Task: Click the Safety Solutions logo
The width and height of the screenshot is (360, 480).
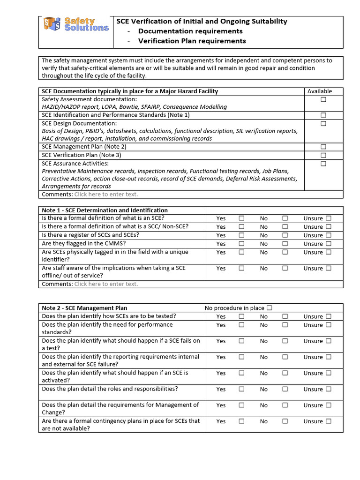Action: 76,24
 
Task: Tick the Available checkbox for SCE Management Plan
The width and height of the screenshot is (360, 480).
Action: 323,147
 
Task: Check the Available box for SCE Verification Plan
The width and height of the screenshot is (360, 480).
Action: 323,155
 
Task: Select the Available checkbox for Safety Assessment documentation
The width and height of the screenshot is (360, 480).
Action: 323,100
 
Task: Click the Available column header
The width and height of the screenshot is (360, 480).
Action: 320,91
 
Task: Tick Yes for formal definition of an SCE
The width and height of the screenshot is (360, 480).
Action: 241,218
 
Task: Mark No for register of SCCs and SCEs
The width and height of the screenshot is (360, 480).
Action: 285,235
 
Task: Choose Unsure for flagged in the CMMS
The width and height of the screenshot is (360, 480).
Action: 329,243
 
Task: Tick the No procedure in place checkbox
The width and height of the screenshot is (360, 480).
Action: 269,308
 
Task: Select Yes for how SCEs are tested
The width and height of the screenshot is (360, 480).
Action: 241,316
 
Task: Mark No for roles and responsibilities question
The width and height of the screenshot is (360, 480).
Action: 285,389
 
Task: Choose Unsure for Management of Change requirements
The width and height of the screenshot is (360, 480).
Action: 329,405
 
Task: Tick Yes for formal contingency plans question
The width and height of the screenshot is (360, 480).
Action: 241,421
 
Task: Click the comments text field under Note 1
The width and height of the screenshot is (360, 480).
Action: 106,284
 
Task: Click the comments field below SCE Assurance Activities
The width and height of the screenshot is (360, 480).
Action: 106,194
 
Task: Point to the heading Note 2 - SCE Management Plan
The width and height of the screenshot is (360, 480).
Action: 84,308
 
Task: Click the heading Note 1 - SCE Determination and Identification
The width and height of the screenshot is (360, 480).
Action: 105,210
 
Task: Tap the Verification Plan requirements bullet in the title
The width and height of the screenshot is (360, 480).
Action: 192,41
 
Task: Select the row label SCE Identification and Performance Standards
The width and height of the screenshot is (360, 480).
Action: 115,115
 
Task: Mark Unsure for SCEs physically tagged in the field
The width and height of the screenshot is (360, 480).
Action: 329,252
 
